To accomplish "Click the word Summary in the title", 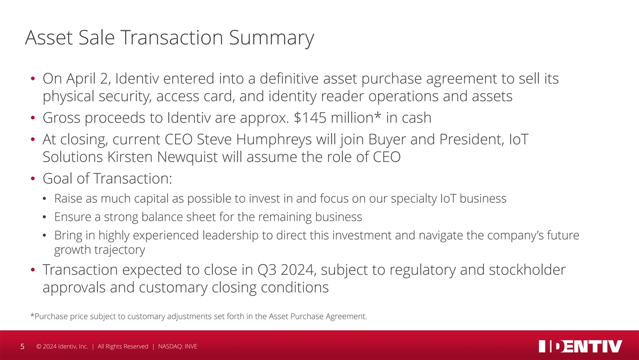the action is (271, 37).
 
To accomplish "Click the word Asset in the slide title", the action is (49, 37).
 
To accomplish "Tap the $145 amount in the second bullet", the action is (310, 118).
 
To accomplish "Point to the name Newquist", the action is (187, 157).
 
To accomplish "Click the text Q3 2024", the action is (286, 270).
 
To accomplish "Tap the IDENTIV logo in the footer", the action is (580, 346).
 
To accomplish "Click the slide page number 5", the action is (22, 347).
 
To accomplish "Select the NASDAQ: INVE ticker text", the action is (177, 346).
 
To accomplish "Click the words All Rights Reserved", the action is (123, 346).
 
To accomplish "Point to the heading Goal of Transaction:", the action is (107, 178).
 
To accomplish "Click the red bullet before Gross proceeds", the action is (33, 118).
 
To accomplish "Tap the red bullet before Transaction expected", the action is (33, 269).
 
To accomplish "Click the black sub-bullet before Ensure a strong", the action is (44, 217).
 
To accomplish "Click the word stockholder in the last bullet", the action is (527, 269).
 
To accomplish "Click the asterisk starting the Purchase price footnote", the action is (32, 315).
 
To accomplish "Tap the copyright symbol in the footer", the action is (39, 346).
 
